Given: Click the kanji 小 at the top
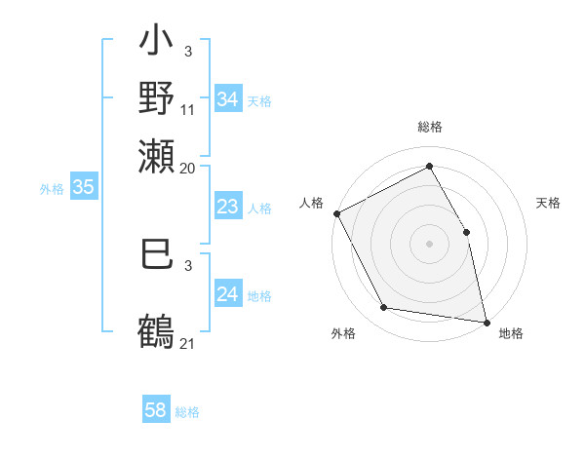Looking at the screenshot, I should click(x=156, y=45).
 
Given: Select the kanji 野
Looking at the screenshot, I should click(x=156, y=98).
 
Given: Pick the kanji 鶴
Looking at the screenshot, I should click(x=156, y=330).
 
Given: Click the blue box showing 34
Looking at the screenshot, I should click(x=228, y=99).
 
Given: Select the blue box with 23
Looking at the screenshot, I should click(x=228, y=207).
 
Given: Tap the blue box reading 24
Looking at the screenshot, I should click(x=228, y=294).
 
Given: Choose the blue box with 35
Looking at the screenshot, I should click(x=83, y=188).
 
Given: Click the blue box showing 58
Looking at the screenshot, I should click(x=156, y=410).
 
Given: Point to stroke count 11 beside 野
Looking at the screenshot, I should click(x=188, y=110).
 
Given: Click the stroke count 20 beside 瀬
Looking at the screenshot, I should click(x=188, y=168).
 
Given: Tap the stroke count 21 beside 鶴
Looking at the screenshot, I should click(x=188, y=343).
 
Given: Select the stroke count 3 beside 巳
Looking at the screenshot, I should click(x=188, y=265).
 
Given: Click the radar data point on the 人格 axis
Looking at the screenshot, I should click(x=336, y=213).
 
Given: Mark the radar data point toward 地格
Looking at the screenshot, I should click(x=486, y=322).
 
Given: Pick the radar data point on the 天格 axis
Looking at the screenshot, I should click(x=466, y=232).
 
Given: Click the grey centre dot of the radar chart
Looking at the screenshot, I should click(x=429, y=244).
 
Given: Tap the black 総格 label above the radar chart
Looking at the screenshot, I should click(x=429, y=127).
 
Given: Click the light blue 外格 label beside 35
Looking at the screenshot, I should click(x=51, y=189).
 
